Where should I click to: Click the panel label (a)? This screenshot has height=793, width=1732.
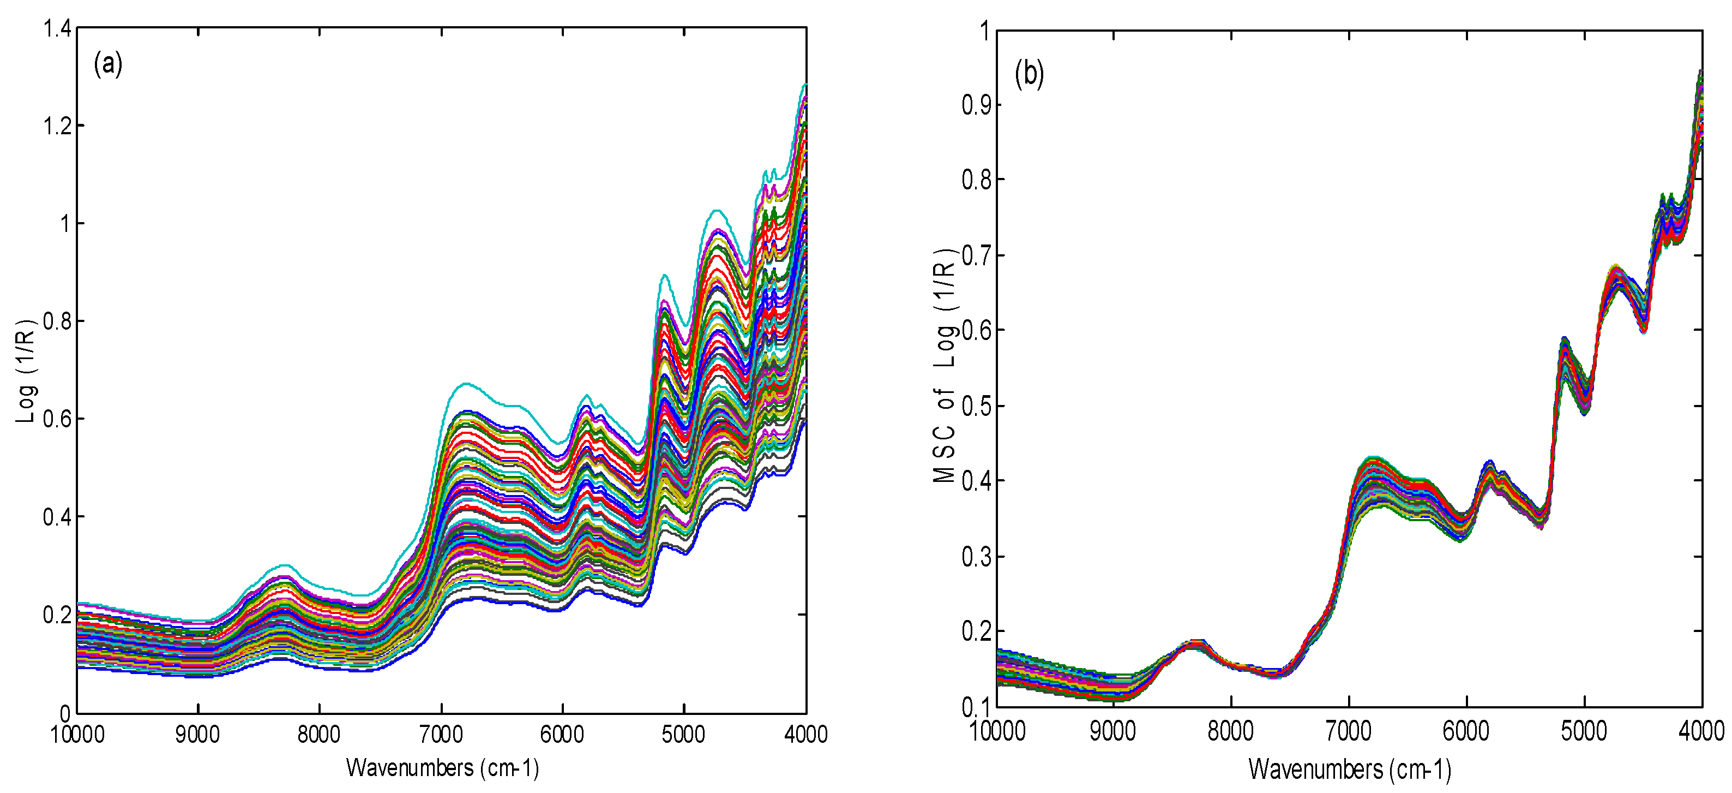click(107, 64)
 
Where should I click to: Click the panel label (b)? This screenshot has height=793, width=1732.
click(1029, 74)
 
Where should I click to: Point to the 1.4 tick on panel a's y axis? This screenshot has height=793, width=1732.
click(57, 28)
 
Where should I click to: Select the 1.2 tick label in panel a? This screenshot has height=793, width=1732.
click(57, 126)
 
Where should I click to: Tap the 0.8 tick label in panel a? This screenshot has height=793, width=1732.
click(57, 321)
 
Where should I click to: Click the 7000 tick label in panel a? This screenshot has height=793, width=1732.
click(441, 734)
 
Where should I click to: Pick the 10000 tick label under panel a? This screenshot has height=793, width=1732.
click(77, 734)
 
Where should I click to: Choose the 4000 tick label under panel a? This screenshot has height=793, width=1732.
click(805, 734)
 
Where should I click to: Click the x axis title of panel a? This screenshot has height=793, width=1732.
click(442, 767)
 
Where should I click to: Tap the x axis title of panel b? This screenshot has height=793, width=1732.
click(1349, 769)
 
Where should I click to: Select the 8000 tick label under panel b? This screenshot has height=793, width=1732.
click(1231, 731)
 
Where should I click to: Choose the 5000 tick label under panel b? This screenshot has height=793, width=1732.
click(1584, 731)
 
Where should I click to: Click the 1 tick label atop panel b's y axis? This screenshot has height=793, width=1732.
click(984, 31)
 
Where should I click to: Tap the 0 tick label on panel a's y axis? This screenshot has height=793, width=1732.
click(65, 713)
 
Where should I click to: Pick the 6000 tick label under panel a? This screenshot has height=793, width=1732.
click(562, 734)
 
